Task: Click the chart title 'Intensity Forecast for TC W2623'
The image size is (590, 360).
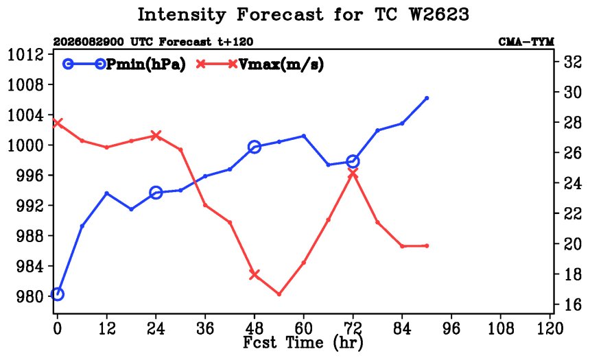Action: click(x=303, y=15)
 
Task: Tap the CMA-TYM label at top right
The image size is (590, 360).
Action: click(x=526, y=42)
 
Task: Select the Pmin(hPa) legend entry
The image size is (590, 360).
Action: click(x=124, y=64)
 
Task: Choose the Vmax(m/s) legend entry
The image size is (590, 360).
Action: click(x=260, y=64)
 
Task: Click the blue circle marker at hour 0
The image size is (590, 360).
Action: click(x=57, y=294)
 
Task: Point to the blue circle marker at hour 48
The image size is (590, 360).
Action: click(x=255, y=147)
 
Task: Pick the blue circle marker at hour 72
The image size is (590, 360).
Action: click(x=353, y=162)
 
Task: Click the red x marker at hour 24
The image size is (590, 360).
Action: click(x=156, y=136)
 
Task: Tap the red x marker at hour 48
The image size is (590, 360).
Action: click(x=255, y=274)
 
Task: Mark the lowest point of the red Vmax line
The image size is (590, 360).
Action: click(x=279, y=294)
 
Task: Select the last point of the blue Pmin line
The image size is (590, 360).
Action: click(x=427, y=98)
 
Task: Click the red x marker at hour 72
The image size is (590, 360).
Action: click(x=353, y=173)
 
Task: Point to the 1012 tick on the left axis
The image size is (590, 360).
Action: click(x=25, y=55)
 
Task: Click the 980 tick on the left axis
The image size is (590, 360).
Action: click(x=30, y=297)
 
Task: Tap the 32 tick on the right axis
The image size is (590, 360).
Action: click(x=573, y=62)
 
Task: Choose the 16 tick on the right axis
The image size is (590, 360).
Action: click(x=573, y=304)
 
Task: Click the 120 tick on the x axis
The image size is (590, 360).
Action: click(x=550, y=328)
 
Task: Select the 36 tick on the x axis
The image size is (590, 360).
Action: click(x=205, y=328)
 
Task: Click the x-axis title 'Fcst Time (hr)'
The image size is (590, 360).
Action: click(x=303, y=343)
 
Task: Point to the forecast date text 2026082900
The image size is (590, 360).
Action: click(x=88, y=42)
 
